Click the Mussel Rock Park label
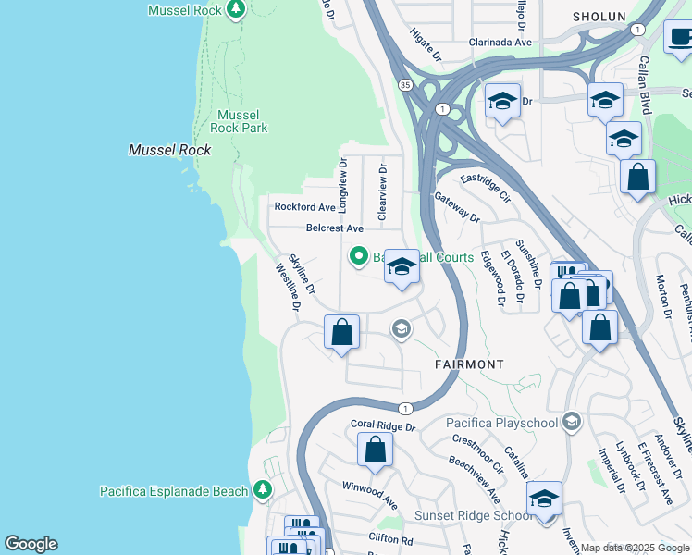239,121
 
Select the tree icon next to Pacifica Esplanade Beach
263,489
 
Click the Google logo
31,544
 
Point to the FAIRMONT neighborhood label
470,364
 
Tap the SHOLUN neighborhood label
599,17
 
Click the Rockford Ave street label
303,207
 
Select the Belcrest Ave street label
335,228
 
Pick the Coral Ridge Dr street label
383,426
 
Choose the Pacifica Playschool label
502,423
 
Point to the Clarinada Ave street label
500,43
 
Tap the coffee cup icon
679,38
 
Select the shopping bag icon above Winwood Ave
375,450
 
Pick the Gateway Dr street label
457,208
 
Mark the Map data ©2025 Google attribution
634,548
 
